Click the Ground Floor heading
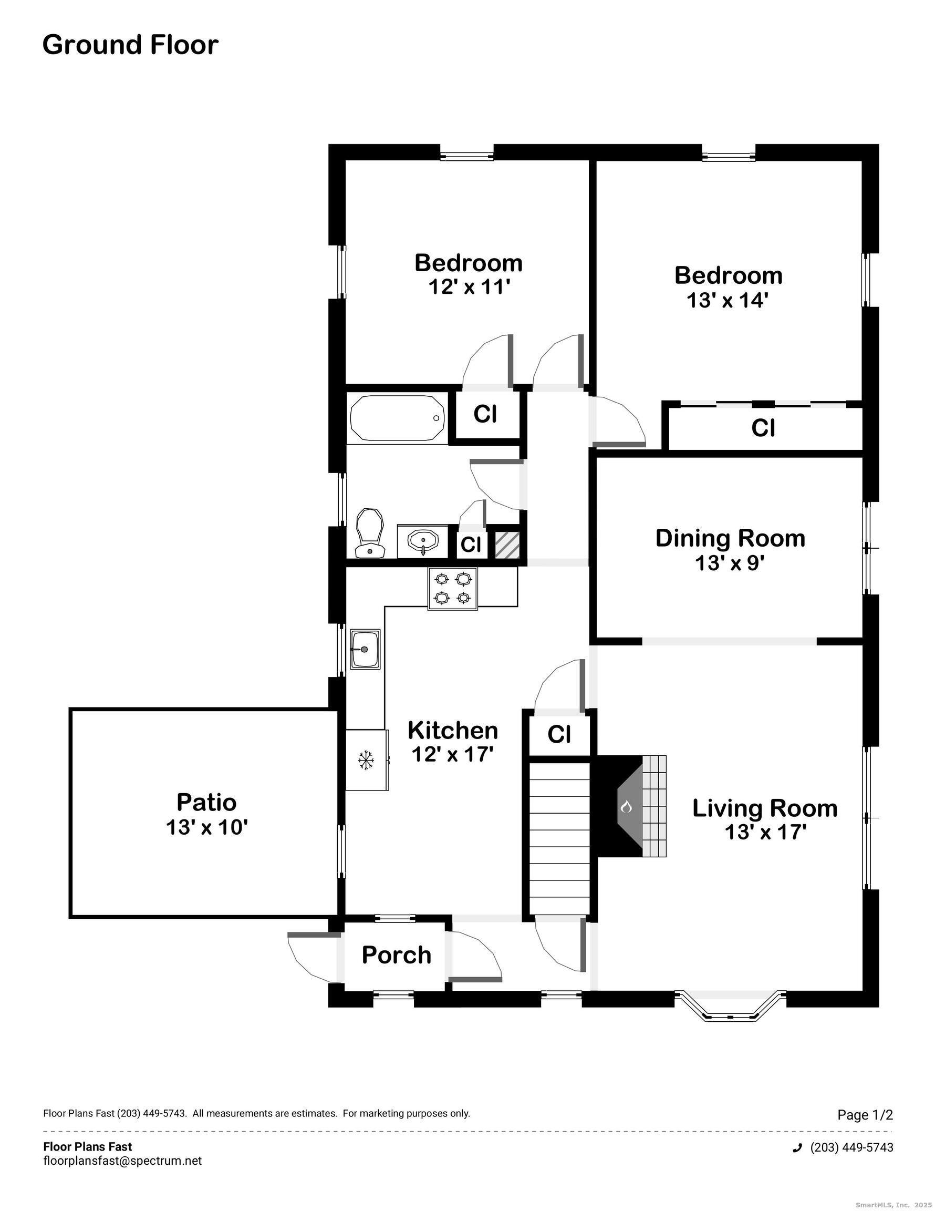(130, 45)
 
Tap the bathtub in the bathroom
(398, 418)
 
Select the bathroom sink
(422, 541)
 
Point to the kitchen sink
(365, 649)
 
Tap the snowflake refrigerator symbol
(365, 760)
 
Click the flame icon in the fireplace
(626, 806)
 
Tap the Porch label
(396, 955)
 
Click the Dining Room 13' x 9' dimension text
(730, 563)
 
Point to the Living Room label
(764, 808)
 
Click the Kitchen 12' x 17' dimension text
(452, 754)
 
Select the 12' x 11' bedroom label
(469, 286)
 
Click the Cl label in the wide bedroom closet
(763, 427)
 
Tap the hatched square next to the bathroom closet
(506, 545)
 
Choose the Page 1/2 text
(865, 1114)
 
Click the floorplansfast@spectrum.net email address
(122, 1161)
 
